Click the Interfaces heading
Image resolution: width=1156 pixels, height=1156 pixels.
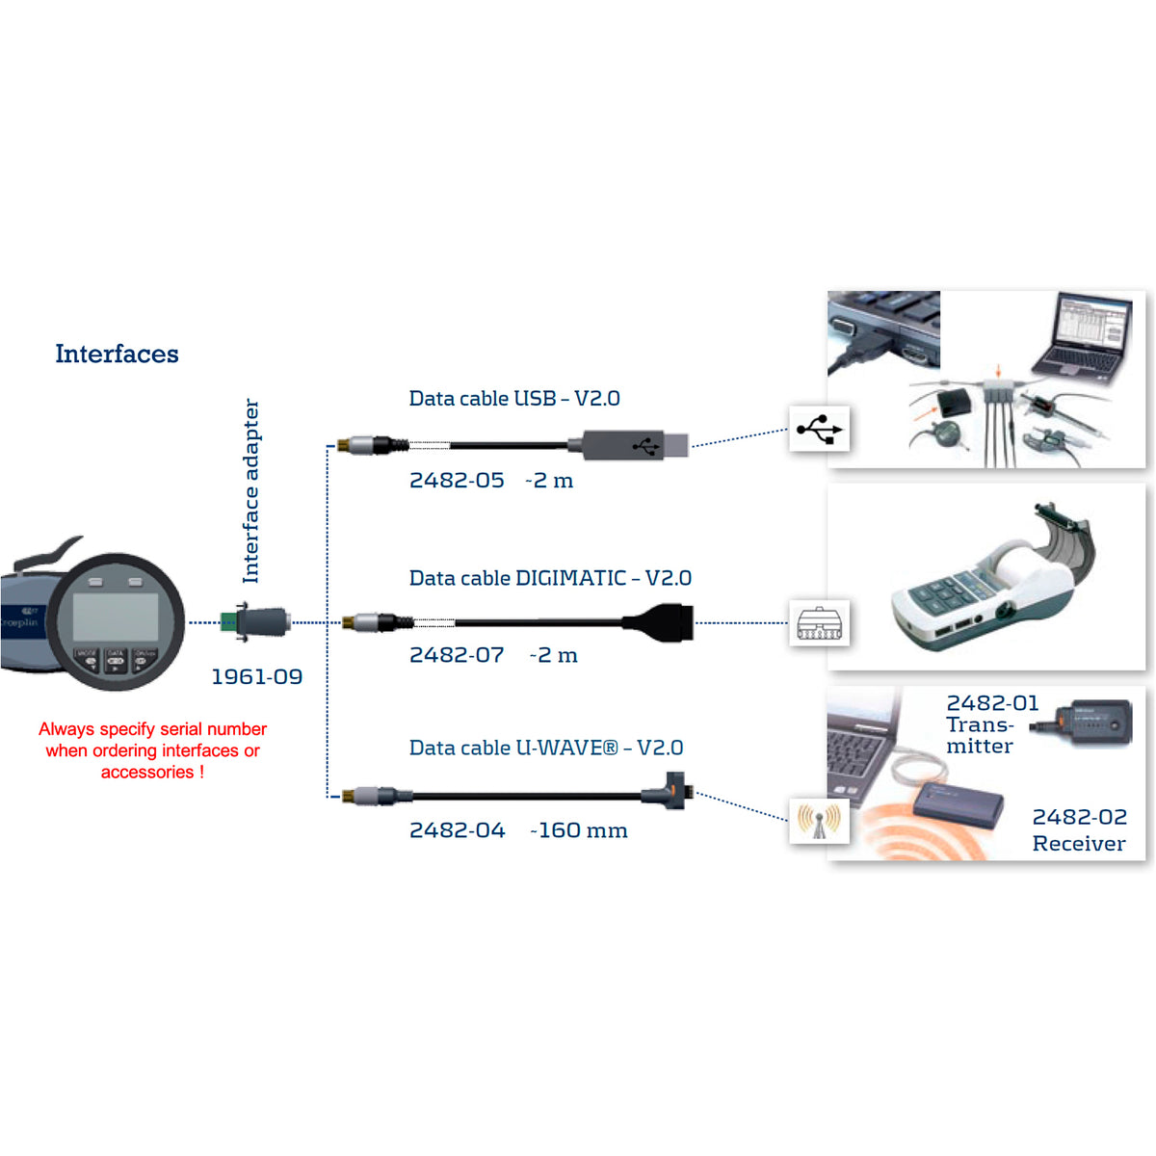117,354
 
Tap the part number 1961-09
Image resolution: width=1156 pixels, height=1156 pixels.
257,676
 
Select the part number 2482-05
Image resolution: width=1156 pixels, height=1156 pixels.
457,480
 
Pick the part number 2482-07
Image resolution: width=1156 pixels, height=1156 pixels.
457,654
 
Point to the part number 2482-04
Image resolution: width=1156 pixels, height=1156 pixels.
458,829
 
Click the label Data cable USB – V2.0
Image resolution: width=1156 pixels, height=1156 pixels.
514,398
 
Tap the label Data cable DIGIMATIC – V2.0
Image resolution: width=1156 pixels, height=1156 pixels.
550,578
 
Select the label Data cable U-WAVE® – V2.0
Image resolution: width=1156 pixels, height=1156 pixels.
546,748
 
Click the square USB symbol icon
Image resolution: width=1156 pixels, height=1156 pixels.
819,429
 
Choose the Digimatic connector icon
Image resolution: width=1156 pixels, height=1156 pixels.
819,622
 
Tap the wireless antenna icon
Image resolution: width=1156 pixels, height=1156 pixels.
819,822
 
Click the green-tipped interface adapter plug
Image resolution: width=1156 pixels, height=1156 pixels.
256,621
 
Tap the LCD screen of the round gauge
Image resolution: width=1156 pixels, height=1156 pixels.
116,617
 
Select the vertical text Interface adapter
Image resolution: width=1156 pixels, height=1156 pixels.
250,490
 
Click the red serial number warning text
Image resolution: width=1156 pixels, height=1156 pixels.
152,750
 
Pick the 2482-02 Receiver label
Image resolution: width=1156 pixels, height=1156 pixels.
1079,829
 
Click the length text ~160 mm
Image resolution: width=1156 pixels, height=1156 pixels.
579,829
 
